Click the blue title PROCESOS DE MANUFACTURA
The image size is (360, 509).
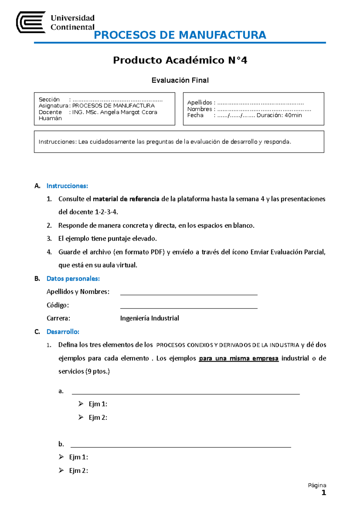pos(180,35)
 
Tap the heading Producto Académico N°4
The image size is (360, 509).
pos(180,60)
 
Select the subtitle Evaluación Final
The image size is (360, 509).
pos(180,80)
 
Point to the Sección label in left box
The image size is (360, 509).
pos(49,100)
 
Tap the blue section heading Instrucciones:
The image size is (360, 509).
pos(67,186)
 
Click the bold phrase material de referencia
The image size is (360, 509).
pos(126,199)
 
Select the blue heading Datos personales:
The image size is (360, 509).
pos(73,278)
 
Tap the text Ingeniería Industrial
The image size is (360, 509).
pos(149,318)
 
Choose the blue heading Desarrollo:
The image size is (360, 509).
pos(63,332)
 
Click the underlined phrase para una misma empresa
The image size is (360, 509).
pos(238,359)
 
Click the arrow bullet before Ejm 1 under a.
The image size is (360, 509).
pos(81,404)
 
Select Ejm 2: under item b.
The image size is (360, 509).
pos(78,471)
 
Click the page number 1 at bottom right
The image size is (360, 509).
pos(323,493)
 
